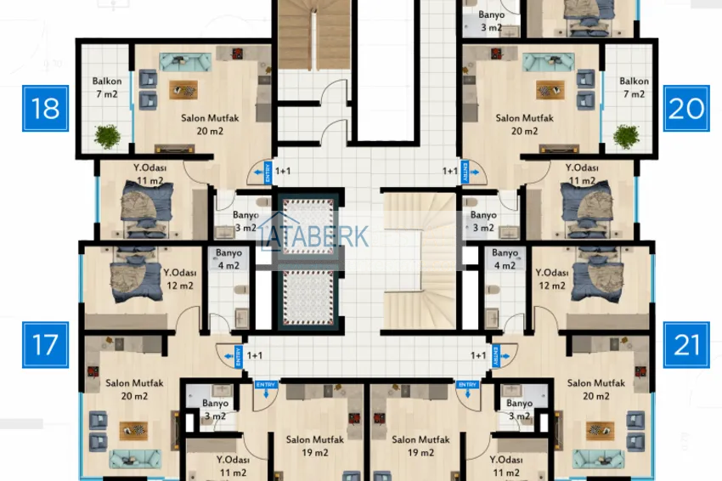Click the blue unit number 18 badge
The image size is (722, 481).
(x=45, y=109)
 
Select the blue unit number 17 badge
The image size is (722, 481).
(x=44, y=344)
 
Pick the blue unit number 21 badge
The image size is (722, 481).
(x=685, y=344)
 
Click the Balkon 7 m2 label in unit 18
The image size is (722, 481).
(x=107, y=87)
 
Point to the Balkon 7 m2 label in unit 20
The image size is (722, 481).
(x=634, y=87)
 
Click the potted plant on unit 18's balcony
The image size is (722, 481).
(x=108, y=135)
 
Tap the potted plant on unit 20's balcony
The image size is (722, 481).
(x=626, y=136)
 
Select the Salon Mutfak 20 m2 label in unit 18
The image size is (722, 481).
(x=204, y=124)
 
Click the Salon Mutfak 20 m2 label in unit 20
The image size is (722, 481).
(x=524, y=124)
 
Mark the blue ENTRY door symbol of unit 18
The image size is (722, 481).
(x=261, y=173)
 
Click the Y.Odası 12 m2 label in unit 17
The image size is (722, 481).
(x=179, y=279)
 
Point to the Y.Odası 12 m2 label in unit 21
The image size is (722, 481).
(x=550, y=279)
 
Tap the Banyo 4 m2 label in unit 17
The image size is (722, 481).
(x=228, y=259)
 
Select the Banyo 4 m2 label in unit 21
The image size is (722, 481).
(x=505, y=259)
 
